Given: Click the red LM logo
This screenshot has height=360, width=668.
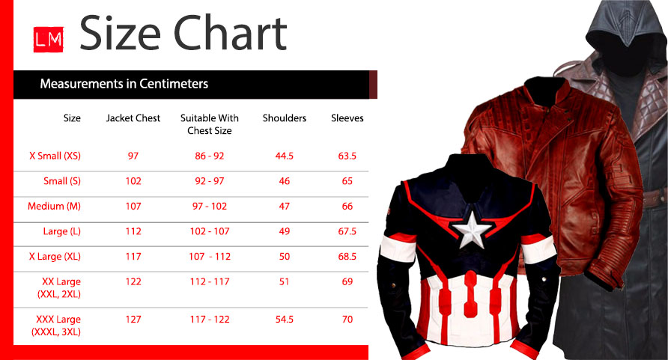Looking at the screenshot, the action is [49, 40].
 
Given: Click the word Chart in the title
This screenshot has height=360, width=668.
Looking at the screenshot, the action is [230, 33].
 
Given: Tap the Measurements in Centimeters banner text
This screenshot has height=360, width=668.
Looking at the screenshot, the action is [124, 84].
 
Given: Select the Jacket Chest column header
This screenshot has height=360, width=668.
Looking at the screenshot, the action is [133, 118].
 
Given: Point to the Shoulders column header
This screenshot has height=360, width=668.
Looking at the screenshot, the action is [284, 118].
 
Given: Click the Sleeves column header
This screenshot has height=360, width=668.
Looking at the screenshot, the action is [347, 118].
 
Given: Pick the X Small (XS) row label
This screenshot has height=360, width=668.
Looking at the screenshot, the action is [55, 156].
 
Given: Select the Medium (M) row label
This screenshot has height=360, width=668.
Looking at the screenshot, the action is [54, 207].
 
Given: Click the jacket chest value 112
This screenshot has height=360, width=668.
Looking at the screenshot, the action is [133, 231].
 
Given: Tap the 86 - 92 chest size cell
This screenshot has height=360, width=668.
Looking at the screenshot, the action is [210, 156].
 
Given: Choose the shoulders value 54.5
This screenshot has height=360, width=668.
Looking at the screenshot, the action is [284, 320].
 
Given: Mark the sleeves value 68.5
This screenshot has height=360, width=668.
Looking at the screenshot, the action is [347, 257].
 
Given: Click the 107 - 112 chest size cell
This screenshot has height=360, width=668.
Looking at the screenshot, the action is [210, 257].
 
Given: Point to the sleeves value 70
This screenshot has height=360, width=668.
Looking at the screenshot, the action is [347, 320].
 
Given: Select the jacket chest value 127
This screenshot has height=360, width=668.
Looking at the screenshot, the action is [133, 320].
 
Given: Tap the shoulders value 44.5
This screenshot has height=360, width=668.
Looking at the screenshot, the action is [284, 156].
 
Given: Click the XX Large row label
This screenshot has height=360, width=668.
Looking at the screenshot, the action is [59, 288].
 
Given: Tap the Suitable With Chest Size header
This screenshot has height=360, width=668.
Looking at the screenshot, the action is [210, 124].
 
